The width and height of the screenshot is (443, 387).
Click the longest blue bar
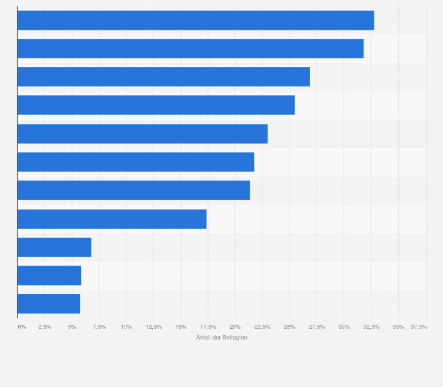pos(196,20)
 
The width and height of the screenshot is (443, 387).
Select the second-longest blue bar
pos(190,48)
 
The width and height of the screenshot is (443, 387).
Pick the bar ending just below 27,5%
pos(163,77)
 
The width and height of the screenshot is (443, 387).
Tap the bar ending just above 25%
pos(156,105)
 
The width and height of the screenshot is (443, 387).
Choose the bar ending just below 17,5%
pos(112,219)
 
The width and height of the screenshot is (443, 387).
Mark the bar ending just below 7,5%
pos(54,247)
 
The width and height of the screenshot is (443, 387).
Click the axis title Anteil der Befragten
pos(221,337)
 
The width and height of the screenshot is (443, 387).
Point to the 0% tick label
pos(22,327)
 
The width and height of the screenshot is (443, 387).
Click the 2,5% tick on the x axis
pos(45,327)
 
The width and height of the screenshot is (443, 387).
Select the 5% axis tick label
pos(72,327)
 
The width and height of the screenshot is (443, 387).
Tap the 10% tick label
pos(126,327)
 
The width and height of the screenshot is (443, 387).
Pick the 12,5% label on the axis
pos(153,327)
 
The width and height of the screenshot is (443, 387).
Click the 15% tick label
pos(180,327)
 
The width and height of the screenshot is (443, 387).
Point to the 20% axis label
pos(235,327)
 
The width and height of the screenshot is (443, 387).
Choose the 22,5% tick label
pos(262,327)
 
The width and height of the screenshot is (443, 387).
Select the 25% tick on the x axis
pos(289,327)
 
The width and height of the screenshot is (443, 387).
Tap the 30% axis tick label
pos(344,327)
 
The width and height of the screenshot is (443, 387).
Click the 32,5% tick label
pos(371,327)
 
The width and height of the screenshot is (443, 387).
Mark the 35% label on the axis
pos(398,327)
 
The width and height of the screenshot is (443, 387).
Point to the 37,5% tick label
pos(419,327)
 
